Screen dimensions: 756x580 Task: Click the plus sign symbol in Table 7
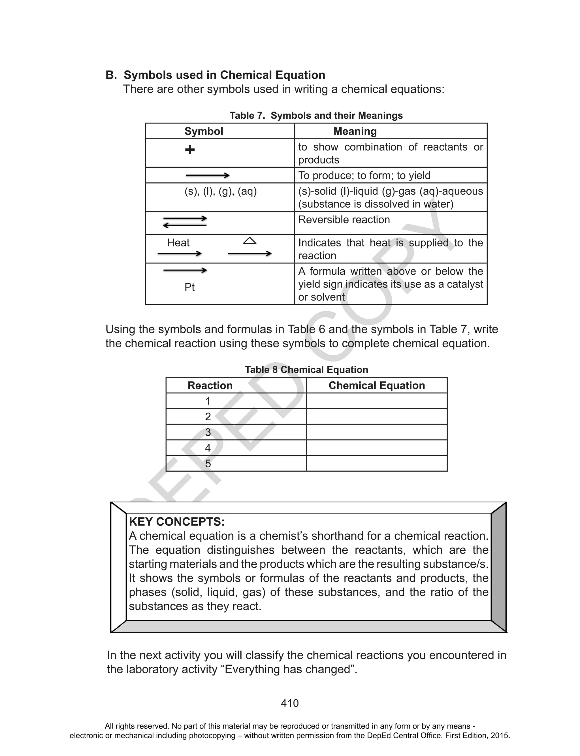tap(189, 150)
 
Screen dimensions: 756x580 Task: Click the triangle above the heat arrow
tap(250, 240)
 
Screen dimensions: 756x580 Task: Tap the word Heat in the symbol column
tap(178, 243)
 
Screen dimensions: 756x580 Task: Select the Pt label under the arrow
tap(189, 287)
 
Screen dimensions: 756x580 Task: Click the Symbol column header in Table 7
tap(204, 131)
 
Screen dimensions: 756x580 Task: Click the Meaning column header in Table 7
tap(355, 131)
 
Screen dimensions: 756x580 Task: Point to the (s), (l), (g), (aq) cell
tap(221, 191)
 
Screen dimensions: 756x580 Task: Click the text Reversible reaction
tap(344, 220)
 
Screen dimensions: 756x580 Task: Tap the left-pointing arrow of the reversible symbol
tap(184, 225)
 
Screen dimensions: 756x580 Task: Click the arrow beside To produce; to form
tap(208, 175)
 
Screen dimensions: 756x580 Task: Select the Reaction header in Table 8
tap(210, 385)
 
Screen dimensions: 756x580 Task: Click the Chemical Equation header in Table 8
tap(377, 385)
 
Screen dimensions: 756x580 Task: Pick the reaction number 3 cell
tap(208, 432)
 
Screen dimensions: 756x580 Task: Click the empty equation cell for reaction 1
tap(377, 401)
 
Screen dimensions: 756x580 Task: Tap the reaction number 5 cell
tap(208, 463)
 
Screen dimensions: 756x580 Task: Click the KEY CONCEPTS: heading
tap(177, 521)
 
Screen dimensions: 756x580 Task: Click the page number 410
tap(290, 703)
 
